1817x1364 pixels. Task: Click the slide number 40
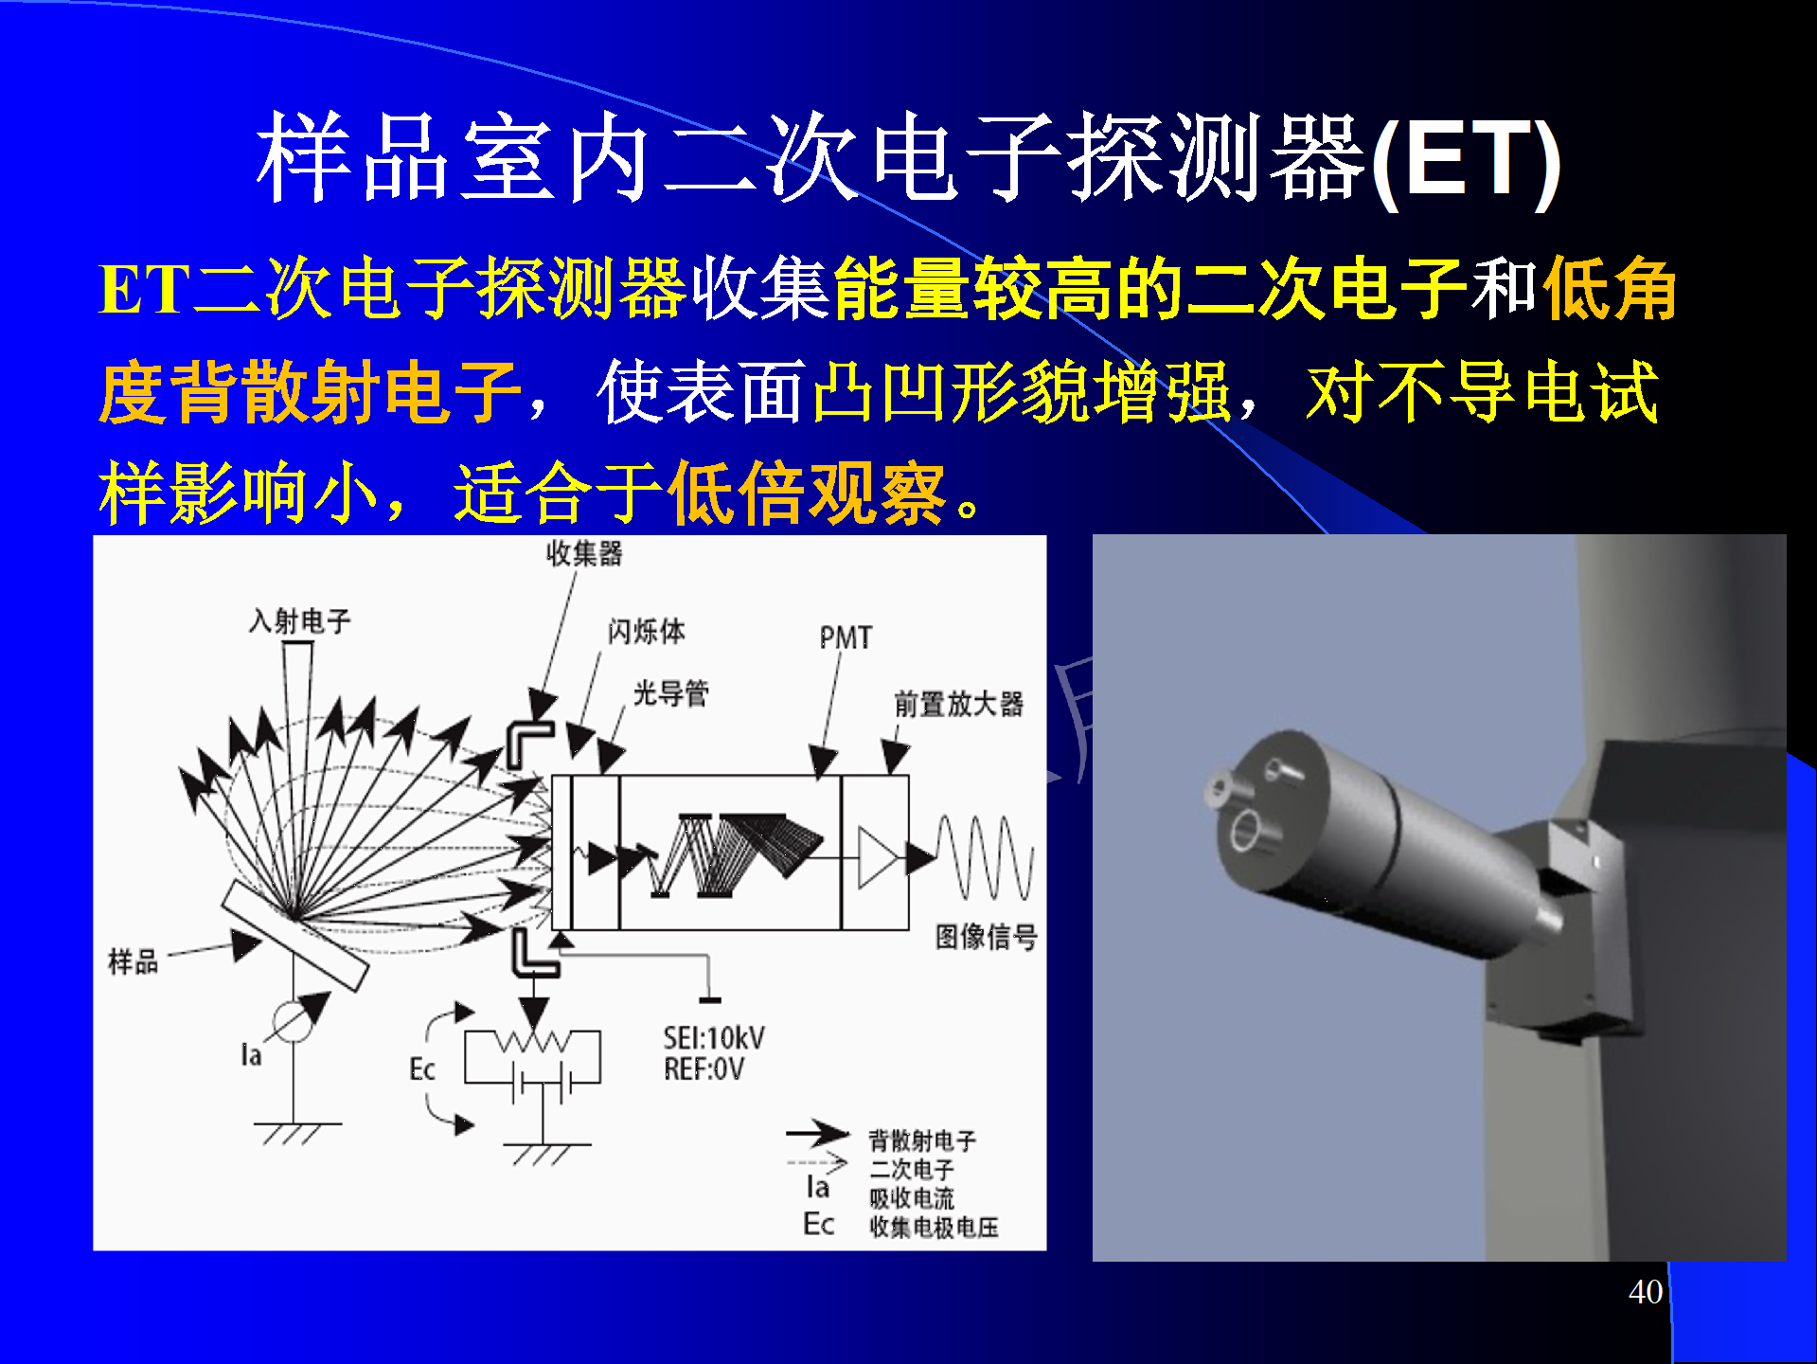click(1646, 1292)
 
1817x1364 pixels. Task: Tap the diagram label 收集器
click(584, 553)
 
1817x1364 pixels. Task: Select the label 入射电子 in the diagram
click(299, 621)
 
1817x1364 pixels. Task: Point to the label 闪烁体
click(646, 631)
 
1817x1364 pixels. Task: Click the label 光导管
click(670, 693)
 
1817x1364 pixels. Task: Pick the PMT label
click(846, 637)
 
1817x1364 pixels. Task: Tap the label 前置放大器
click(958, 704)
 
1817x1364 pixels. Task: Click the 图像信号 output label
click(986, 937)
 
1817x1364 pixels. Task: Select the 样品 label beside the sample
click(133, 961)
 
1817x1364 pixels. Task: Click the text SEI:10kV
click(714, 1038)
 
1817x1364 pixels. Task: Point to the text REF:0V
click(704, 1069)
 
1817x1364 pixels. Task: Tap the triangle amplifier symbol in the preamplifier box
click(877, 857)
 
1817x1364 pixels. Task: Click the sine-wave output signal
click(985, 857)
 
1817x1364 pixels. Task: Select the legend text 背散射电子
click(922, 1140)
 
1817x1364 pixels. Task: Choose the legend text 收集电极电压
click(934, 1228)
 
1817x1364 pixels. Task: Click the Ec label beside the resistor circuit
click(421, 1069)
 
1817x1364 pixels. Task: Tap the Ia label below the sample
click(251, 1054)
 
